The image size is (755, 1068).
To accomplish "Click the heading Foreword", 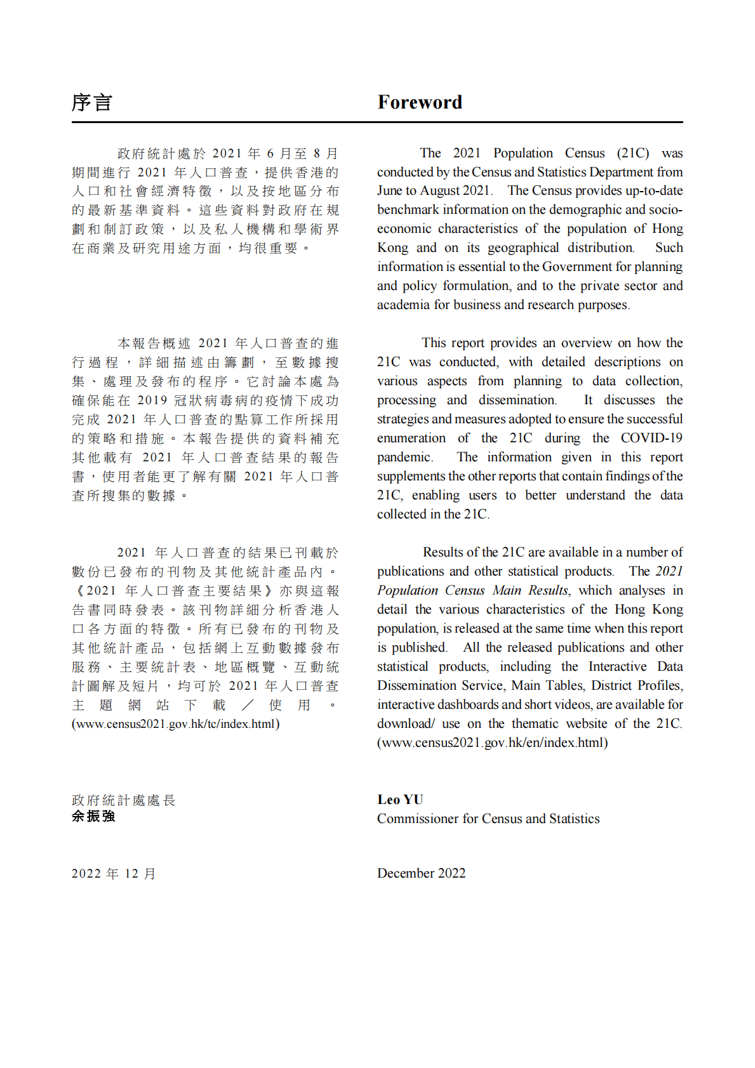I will (419, 102).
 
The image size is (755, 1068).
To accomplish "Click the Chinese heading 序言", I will (92, 102).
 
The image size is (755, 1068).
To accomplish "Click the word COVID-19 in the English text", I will (651, 438).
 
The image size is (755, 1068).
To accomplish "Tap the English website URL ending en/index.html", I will (492, 742).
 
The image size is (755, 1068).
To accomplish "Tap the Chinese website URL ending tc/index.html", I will (175, 724).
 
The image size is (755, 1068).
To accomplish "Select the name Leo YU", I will (400, 800).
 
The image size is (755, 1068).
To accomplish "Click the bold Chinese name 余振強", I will (93, 817).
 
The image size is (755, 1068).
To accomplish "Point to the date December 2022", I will (421, 873).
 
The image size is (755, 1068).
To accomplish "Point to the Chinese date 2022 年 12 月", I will (114, 874).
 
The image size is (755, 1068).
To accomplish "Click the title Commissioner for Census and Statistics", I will (488, 819).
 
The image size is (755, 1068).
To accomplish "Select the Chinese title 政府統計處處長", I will (123, 800).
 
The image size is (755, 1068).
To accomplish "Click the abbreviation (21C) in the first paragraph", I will (632, 153).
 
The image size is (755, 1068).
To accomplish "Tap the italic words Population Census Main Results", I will (473, 591).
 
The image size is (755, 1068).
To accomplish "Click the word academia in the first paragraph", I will (403, 305).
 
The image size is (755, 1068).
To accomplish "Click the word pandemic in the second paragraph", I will (404, 458).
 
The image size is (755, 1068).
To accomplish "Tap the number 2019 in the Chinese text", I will (152, 400).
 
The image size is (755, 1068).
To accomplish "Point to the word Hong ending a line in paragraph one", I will (667, 229).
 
